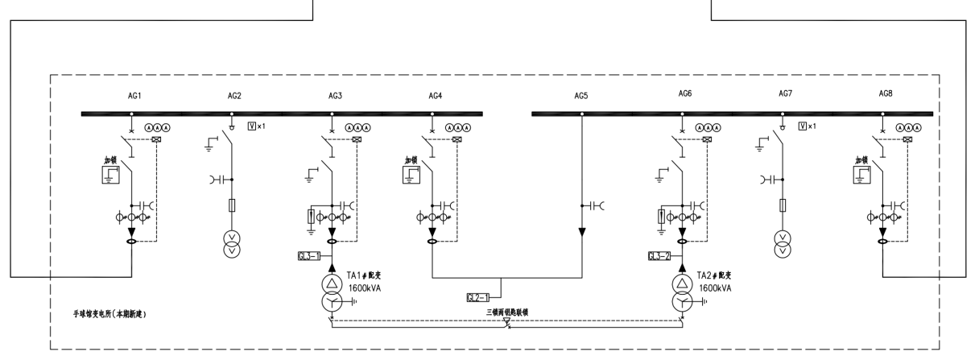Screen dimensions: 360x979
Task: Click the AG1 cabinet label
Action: click(x=134, y=96)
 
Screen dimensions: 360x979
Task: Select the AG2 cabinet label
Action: click(x=234, y=96)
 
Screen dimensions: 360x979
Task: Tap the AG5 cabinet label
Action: click(x=580, y=96)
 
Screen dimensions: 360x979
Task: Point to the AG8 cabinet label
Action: click(x=886, y=94)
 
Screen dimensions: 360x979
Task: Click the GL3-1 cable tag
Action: click(x=309, y=256)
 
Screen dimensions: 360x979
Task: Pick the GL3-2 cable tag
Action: click(x=659, y=256)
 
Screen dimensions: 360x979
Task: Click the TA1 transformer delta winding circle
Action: click(x=333, y=283)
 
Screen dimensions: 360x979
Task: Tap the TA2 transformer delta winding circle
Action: click(x=683, y=283)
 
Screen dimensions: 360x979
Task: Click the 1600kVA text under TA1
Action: click(x=365, y=287)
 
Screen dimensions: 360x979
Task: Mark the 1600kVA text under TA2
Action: click(x=715, y=287)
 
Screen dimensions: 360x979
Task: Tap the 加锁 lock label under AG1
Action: click(x=110, y=160)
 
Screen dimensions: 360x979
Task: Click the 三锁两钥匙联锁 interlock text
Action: click(x=506, y=311)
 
